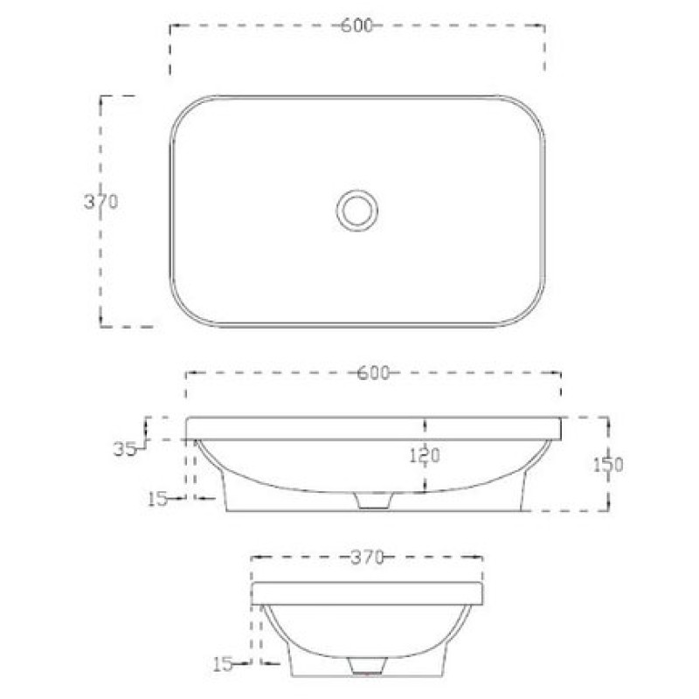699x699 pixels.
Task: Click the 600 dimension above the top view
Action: tap(356, 25)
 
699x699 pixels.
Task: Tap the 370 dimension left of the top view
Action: tap(101, 202)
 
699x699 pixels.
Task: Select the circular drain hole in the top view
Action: tap(357, 211)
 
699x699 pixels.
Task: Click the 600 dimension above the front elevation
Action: tap(374, 373)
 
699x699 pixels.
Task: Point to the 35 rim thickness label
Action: tap(125, 449)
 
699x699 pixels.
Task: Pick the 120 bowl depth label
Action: tap(425, 455)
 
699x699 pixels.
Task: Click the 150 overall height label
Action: tap(608, 465)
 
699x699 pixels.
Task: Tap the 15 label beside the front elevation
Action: tap(157, 499)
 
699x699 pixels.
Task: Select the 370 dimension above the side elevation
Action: tap(366, 557)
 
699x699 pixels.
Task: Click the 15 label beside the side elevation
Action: tap(223, 665)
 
